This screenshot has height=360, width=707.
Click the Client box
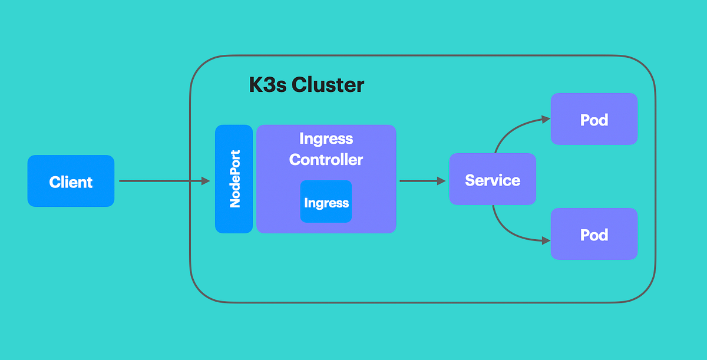71,181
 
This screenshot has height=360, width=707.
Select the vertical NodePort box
234,179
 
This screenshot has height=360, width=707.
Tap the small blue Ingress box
326,202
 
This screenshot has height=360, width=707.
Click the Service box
493,179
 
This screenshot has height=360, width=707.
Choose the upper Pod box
594,119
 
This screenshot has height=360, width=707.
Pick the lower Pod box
594,234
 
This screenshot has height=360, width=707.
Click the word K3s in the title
267,85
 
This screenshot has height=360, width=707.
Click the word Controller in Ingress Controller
326,159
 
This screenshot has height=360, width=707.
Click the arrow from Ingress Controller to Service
419,181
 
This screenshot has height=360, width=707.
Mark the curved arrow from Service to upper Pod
510,130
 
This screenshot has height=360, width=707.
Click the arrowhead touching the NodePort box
206,181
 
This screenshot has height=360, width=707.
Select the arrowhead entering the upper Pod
546,119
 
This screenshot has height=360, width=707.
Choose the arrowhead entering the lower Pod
546,240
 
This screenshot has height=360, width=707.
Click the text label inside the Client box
71,182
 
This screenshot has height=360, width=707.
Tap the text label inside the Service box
493,180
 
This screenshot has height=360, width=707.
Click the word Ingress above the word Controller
326,139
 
